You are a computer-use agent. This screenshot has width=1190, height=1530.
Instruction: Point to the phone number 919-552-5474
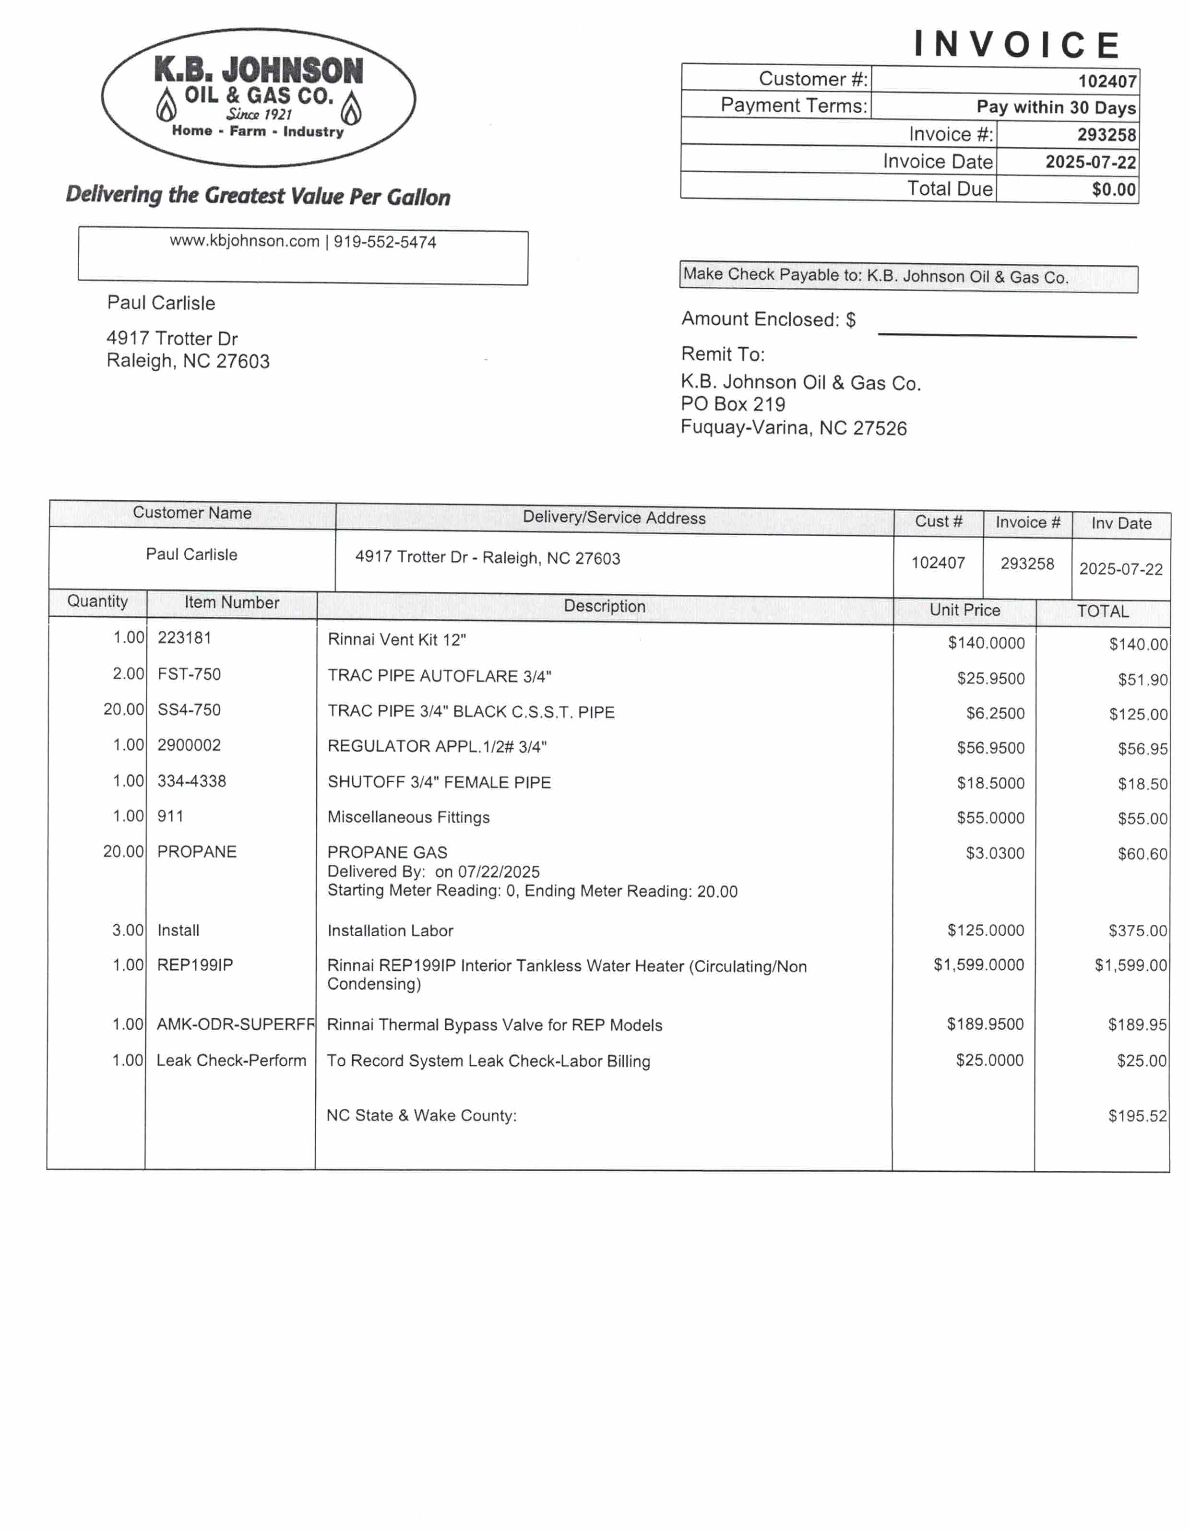click(385, 242)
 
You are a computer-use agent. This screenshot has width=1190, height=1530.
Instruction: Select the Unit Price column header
click(964, 610)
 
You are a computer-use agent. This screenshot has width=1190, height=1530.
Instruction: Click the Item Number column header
click(231, 602)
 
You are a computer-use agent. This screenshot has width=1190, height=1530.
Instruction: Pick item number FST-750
click(189, 674)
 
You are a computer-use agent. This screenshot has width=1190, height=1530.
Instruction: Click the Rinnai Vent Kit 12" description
click(397, 640)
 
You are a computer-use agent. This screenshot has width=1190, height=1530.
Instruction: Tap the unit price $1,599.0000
click(978, 965)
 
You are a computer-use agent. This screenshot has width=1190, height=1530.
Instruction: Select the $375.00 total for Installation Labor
click(1137, 930)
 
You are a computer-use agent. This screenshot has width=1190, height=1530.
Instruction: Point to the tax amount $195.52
click(1137, 1116)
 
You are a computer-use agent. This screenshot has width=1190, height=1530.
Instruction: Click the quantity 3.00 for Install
click(128, 930)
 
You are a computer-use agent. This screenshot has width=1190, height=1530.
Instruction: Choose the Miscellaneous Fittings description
click(408, 818)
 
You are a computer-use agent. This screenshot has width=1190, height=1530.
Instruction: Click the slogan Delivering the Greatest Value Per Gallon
click(258, 196)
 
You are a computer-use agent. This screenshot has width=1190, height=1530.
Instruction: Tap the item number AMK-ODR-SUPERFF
click(236, 1024)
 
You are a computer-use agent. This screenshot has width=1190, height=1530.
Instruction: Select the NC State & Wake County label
click(421, 1115)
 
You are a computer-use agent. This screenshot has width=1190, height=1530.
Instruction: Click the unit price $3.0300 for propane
click(995, 853)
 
